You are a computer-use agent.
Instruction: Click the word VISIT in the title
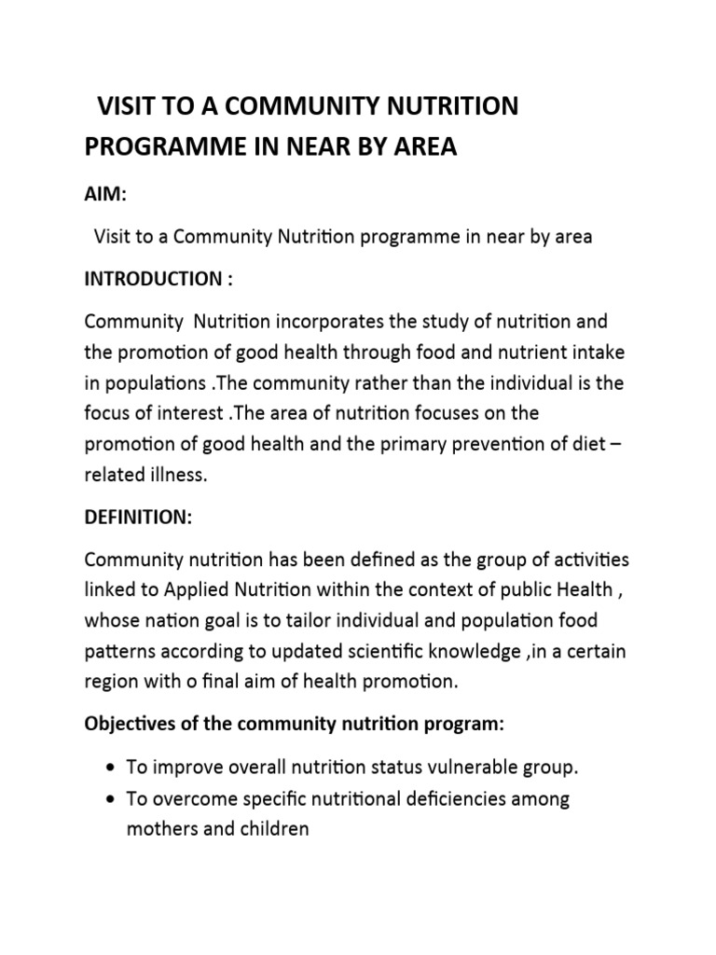click(x=128, y=106)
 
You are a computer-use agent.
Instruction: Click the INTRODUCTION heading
click(x=150, y=279)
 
